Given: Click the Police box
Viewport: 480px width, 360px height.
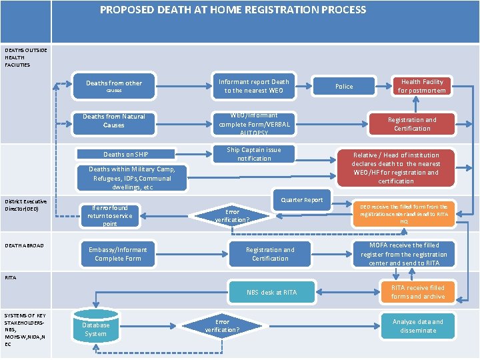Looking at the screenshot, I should pyautogui.click(x=344, y=86).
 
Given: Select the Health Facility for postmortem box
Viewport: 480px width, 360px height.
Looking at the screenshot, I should pyautogui.click(x=421, y=86).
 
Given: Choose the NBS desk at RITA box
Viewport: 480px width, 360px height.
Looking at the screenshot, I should pyautogui.click(x=271, y=292).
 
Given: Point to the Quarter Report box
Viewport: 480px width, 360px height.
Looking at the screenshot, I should pyautogui.click(x=301, y=200).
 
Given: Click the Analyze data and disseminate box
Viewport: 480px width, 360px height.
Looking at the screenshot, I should pyautogui.click(x=417, y=326).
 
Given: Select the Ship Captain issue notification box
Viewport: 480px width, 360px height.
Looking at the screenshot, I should pyautogui.click(x=254, y=154).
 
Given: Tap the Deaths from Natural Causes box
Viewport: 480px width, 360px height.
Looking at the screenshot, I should pyautogui.click(x=114, y=121).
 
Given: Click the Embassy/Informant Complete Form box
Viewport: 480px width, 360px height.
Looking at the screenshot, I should pyautogui.click(x=118, y=254).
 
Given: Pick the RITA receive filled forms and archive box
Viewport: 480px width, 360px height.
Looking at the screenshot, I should pyautogui.click(x=417, y=292).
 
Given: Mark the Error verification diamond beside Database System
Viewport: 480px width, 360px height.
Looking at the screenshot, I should pyautogui.click(x=221, y=326).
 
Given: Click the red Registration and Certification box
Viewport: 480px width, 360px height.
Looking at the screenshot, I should pyautogui.click(x=412, y=124).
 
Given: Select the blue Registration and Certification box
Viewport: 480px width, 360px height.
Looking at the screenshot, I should pyautogui.click(x=270, y=254).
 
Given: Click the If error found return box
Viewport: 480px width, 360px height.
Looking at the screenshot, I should pyautogui.click(x=110, y=216).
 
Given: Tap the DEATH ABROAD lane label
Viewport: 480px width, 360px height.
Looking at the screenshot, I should pyautogui.click(x=24, y=246).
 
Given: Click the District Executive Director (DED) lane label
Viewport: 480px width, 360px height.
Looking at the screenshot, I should pyautogui.click(x=25, y=205).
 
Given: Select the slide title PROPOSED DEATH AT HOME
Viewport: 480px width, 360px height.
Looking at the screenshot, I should pyautogui.click(x=233, y=10).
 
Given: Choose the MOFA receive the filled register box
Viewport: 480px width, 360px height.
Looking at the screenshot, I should pyautogui.click(x=409, y=254).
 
